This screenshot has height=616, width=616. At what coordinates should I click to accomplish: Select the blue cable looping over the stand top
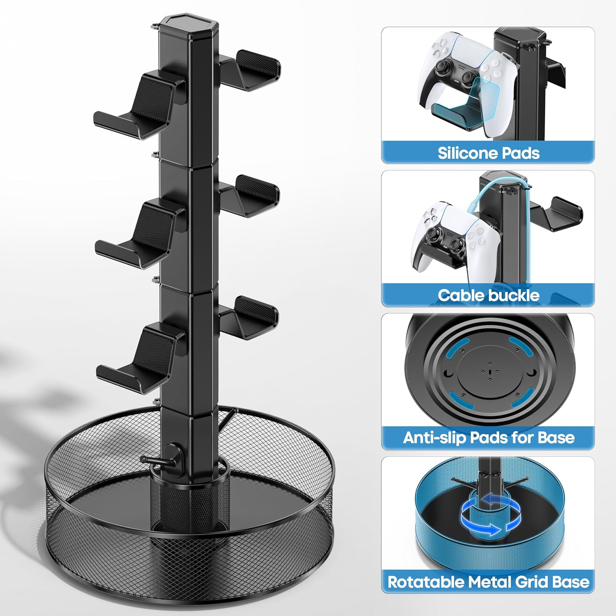[499, 222]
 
